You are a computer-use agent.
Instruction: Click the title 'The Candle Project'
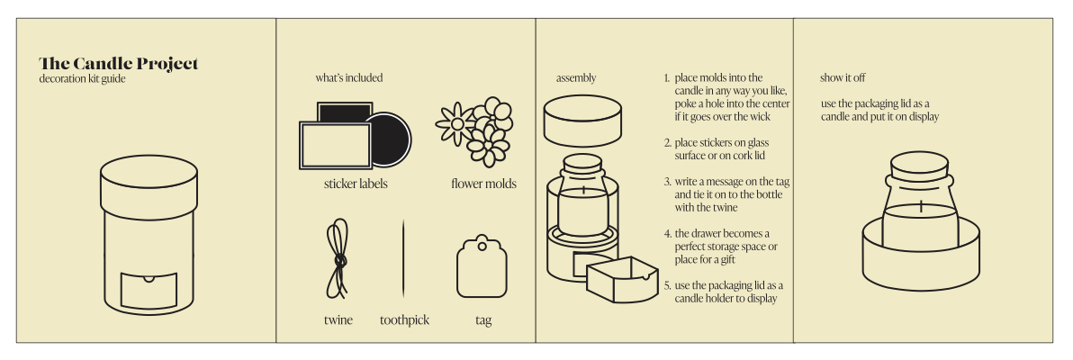tap(119, 64)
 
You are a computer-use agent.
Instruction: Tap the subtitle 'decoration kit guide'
tap(82, 78)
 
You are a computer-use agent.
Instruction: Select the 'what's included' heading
tap(349, 78)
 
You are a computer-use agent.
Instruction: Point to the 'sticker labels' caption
tap(356, 184)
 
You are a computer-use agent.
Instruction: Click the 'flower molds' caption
tap(483, 184)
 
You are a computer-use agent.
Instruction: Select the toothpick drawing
tap(403, 257)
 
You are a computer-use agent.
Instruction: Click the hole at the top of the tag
tap(482, 244)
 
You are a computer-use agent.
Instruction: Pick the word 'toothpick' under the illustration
tap(404, 320)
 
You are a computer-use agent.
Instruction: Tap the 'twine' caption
tap(338, 320)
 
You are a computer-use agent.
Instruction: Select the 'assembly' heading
tap(576, 78)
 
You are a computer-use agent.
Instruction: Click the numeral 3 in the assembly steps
tap(666, 182)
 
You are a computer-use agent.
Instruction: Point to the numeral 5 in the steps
tap(666, 285)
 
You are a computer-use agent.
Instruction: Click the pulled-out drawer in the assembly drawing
tap(622, 279)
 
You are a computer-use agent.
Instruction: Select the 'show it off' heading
tap(843, 78)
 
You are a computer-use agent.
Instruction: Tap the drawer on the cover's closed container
tap(149, 290)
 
